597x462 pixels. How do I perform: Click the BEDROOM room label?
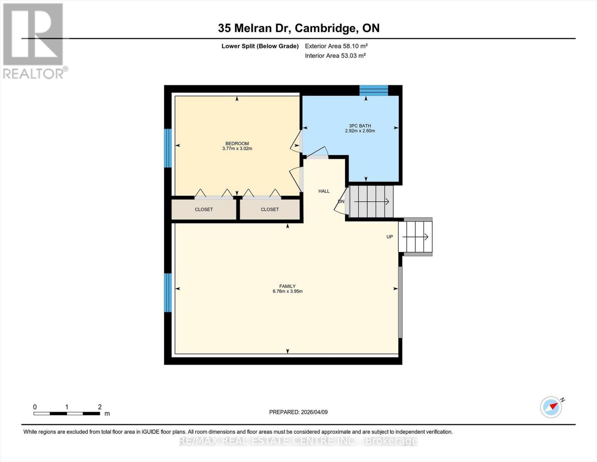pyautogui.click(x=237, y=144)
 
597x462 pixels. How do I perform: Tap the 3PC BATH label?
pyautogui.click(x=360, y=126)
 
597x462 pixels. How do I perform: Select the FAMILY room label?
pyautogui.click(x=287, y=286)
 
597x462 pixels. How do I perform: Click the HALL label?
pyautogui.click(x=324, y=191)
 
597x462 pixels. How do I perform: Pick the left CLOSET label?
pyautogui.click(x=204, y=209)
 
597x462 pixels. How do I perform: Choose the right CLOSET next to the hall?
pyautogui.click(x=269, y=209)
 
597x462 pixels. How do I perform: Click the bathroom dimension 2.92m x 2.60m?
pyautogui.click(x=360, y=131)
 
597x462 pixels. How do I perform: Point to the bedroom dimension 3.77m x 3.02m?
pyautogui.click(x=237, y=149)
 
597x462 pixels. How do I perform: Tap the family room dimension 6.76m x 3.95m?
pyautogui.click(x=288, y=291)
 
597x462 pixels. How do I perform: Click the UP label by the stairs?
pyautogui.click(x=389, y=237)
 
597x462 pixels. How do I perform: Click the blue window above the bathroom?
pyautogui.click(x=374, y=90)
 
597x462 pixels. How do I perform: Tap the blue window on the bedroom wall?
pyautogui.click(x=168, y=148)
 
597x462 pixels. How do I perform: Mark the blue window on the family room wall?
pyautogui.click(x=168, y=293)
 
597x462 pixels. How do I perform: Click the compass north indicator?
pyautogui.click(x=551, y=407)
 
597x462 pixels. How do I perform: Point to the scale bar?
pyautogui.click(x=67, y=413)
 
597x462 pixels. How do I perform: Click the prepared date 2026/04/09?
pyautogui.click(x=298, y=412)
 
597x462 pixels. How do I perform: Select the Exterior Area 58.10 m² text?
pyautogui.click(x=336, y=46)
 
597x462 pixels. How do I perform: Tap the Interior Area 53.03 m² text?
pyautogui.click(x=335, y=55)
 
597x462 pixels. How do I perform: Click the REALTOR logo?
pyautogui.click(x=34, y=40)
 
